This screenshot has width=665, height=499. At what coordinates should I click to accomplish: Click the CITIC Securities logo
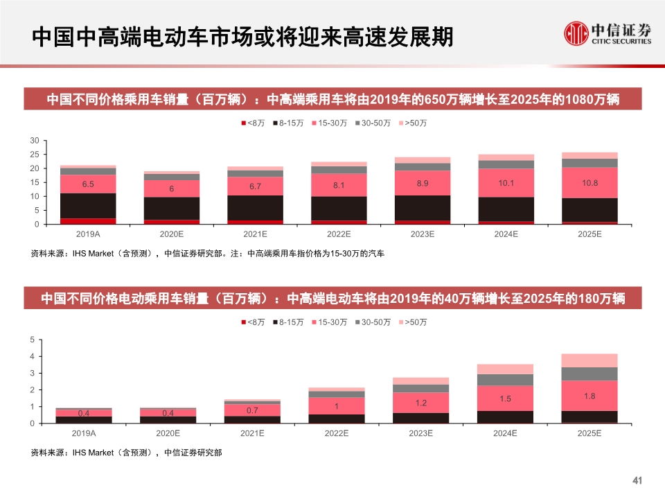[x=607, y=33]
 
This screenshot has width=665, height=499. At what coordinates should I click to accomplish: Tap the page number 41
[x=639, y=481]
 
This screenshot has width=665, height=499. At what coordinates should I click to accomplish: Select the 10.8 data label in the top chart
[x=589, y=182]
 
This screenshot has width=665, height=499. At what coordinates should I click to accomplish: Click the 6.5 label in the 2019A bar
[x=88, y=184]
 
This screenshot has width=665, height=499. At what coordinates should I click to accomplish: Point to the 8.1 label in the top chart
[x=339, y=185]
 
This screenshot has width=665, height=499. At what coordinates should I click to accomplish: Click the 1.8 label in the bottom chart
[x=589, y=396]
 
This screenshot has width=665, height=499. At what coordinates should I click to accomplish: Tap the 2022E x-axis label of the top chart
[x=339, y=234]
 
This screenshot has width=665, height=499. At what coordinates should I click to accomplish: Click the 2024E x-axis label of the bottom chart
[x=506, y=433]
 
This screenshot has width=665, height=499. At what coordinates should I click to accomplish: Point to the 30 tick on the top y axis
[x=35, y=141]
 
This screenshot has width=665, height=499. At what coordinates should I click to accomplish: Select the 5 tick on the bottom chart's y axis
[x=32, y=340]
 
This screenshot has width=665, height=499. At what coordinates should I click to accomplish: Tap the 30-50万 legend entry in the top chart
[x=374, y=123]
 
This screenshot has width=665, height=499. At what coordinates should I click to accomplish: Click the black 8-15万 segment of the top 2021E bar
[x=255, y=207]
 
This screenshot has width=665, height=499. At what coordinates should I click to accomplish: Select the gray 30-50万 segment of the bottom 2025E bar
[x=589, y=374]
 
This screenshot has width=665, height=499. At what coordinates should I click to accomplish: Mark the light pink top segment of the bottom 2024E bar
[x=506, y=369]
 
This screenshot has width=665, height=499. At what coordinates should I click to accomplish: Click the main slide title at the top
[x=242, y=36]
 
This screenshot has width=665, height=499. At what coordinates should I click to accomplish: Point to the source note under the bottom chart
[x=127, y=453]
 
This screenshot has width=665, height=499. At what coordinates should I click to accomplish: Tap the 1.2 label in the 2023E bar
[x=422, y=402]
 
